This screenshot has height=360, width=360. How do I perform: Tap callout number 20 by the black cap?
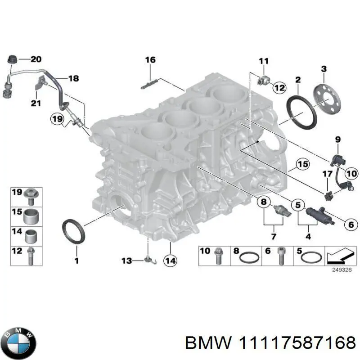point(36,59)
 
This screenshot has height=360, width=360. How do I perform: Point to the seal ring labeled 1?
point(72,230)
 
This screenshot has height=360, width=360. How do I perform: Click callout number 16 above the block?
point(150,60)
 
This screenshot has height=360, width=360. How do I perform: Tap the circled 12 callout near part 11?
point(279,88)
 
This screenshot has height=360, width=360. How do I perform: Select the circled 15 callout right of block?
point(302,165)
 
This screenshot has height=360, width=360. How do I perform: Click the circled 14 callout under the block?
point(171,260)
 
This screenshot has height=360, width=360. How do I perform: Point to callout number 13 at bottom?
point(126,260)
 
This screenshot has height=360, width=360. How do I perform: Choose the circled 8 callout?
point(263,202)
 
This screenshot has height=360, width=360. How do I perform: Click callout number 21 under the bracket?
point(36,103)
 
